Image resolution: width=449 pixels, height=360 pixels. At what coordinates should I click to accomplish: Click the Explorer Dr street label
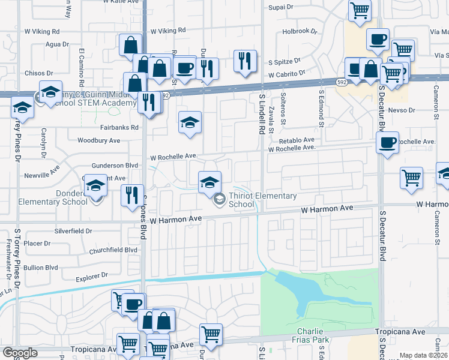click(92, 277)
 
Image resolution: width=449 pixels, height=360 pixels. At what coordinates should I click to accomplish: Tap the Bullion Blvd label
click(41, 267)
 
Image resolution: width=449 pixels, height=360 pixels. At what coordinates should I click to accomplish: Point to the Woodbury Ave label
click(99, 140)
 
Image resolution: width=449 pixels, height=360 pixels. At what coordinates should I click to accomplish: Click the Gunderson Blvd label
click(115, 165)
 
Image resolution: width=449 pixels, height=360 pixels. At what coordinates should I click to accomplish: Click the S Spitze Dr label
click(288, 62)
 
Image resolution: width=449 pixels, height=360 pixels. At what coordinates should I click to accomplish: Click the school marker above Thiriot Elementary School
click(209, 182)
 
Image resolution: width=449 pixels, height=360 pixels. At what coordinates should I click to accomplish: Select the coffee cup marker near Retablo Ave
click(387, 143)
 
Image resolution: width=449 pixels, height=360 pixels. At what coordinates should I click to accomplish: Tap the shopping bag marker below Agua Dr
click(130, 45)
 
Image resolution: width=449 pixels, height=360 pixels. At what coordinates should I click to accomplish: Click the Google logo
click(20, 353)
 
